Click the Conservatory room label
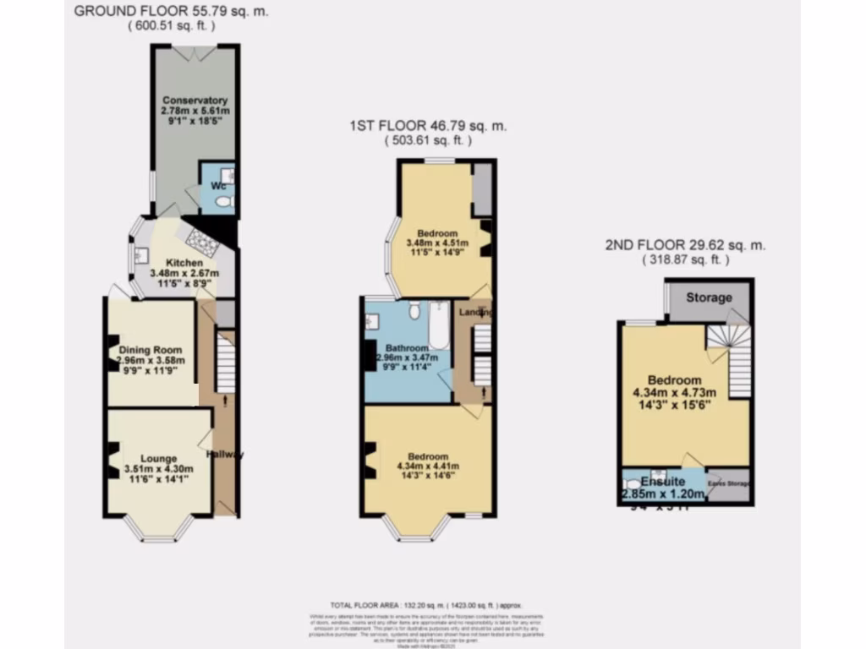pos(195,101)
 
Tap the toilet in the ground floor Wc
pos(222,201)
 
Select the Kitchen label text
pos(184,263)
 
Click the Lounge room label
pos(160,459)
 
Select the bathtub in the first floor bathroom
pos(439,329)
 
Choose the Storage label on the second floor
pos(709,297)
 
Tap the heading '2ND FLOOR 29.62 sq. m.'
pos(685,245)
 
